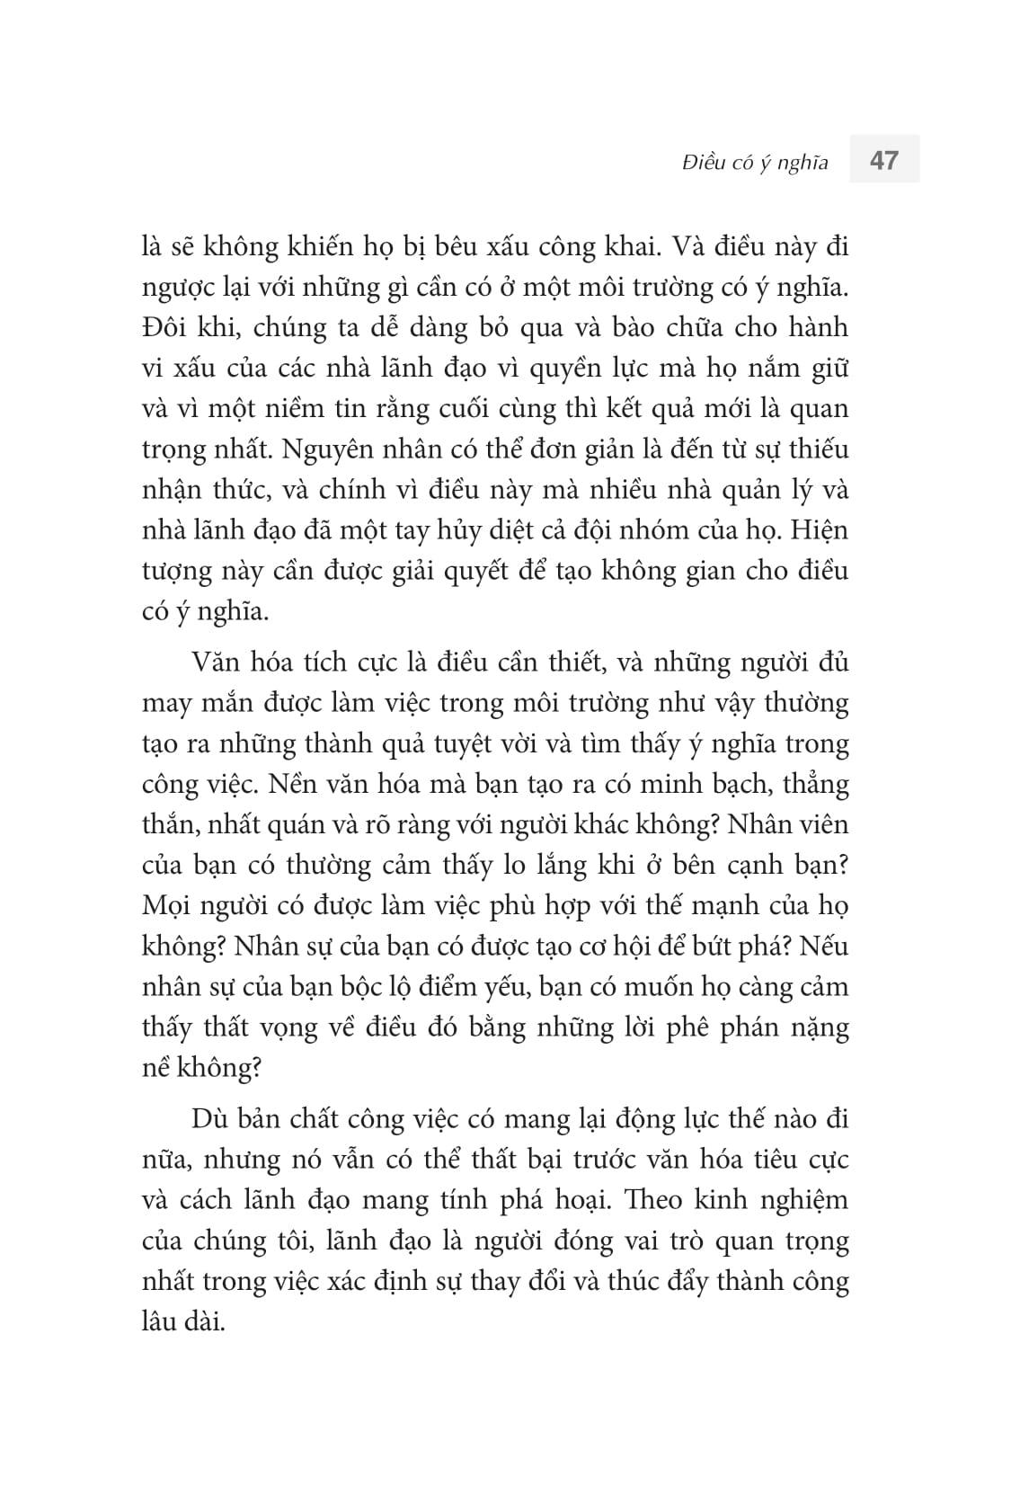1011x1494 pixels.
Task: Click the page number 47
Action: click(x=884, y=160)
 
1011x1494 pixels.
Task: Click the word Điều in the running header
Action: click(x=707, y=163)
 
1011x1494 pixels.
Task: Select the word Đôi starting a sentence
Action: click(x=164, y=327)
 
